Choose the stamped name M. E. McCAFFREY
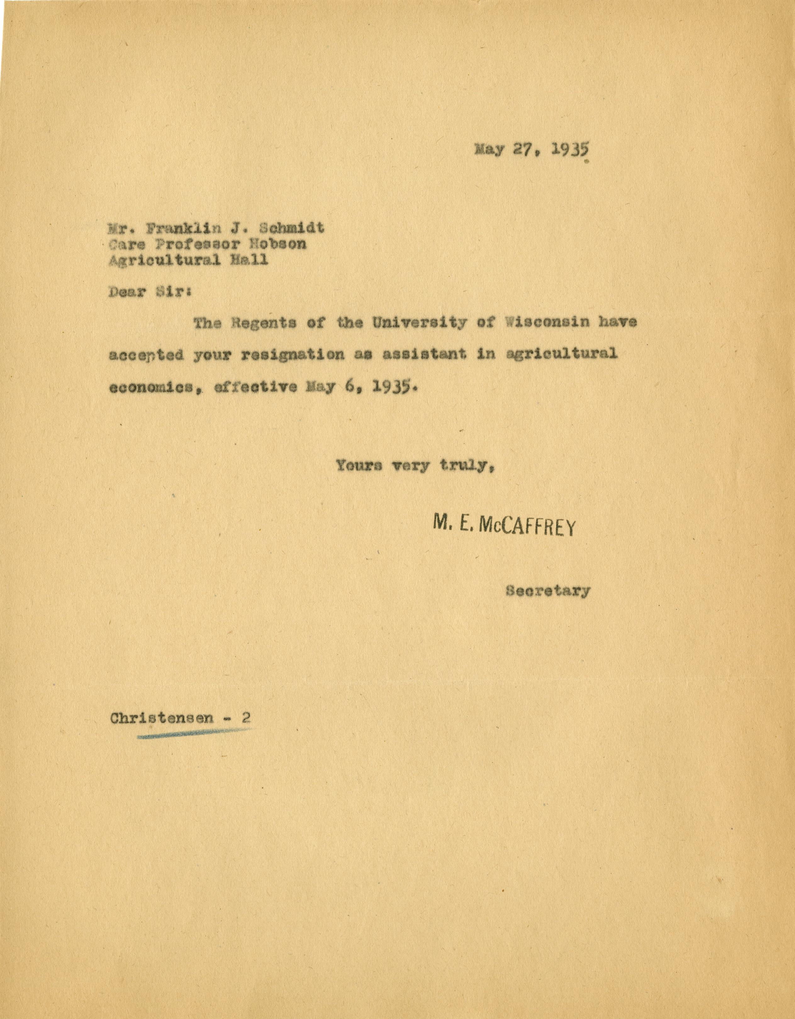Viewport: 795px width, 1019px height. [504, 527]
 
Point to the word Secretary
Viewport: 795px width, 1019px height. [547, 591]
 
